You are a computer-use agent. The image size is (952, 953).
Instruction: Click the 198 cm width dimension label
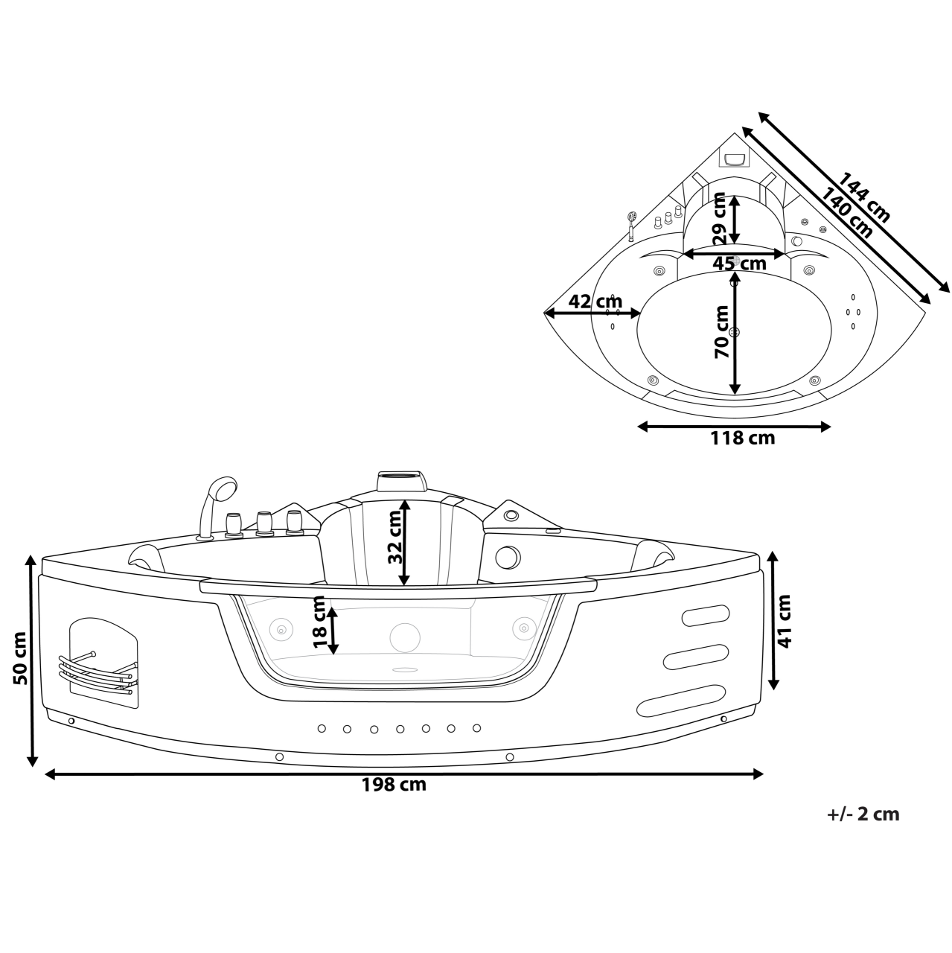coord(394,784)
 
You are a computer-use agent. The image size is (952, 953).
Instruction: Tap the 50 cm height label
coord(20,657)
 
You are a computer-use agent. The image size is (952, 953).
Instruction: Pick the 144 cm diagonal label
coord(864,198)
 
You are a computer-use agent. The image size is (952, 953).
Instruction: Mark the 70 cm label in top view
coord(721,332)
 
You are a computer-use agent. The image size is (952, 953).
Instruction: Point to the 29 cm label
coord(719,218)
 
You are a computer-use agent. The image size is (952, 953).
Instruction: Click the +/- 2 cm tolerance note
coord(863,814)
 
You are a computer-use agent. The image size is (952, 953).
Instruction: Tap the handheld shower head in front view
coord(221,490)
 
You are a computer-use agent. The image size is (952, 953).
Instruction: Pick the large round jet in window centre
coord(405,636)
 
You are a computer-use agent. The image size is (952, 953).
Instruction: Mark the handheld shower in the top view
coord(632,223)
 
